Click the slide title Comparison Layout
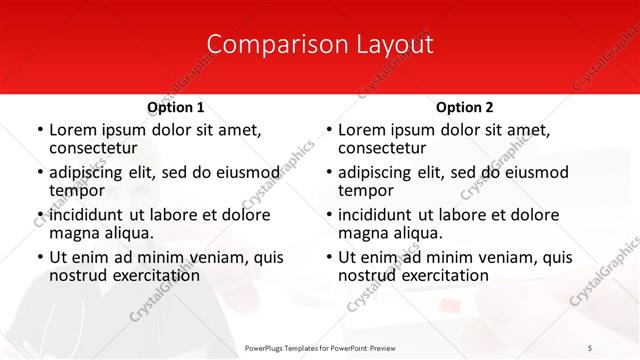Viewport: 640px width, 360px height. click(320, 44)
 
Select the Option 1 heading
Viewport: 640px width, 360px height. click(175, 107)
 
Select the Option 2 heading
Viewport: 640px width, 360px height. click(464, 107)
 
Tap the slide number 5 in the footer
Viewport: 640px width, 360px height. click(590, 347)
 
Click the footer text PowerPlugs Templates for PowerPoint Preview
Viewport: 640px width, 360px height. click(320, 347)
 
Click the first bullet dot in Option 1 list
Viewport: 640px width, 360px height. click(39, 130)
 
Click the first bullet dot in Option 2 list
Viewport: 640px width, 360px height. click(328, 130)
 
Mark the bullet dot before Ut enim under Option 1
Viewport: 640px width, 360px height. click(39, 257)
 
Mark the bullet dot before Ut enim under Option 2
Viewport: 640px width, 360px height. click(328, 257)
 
